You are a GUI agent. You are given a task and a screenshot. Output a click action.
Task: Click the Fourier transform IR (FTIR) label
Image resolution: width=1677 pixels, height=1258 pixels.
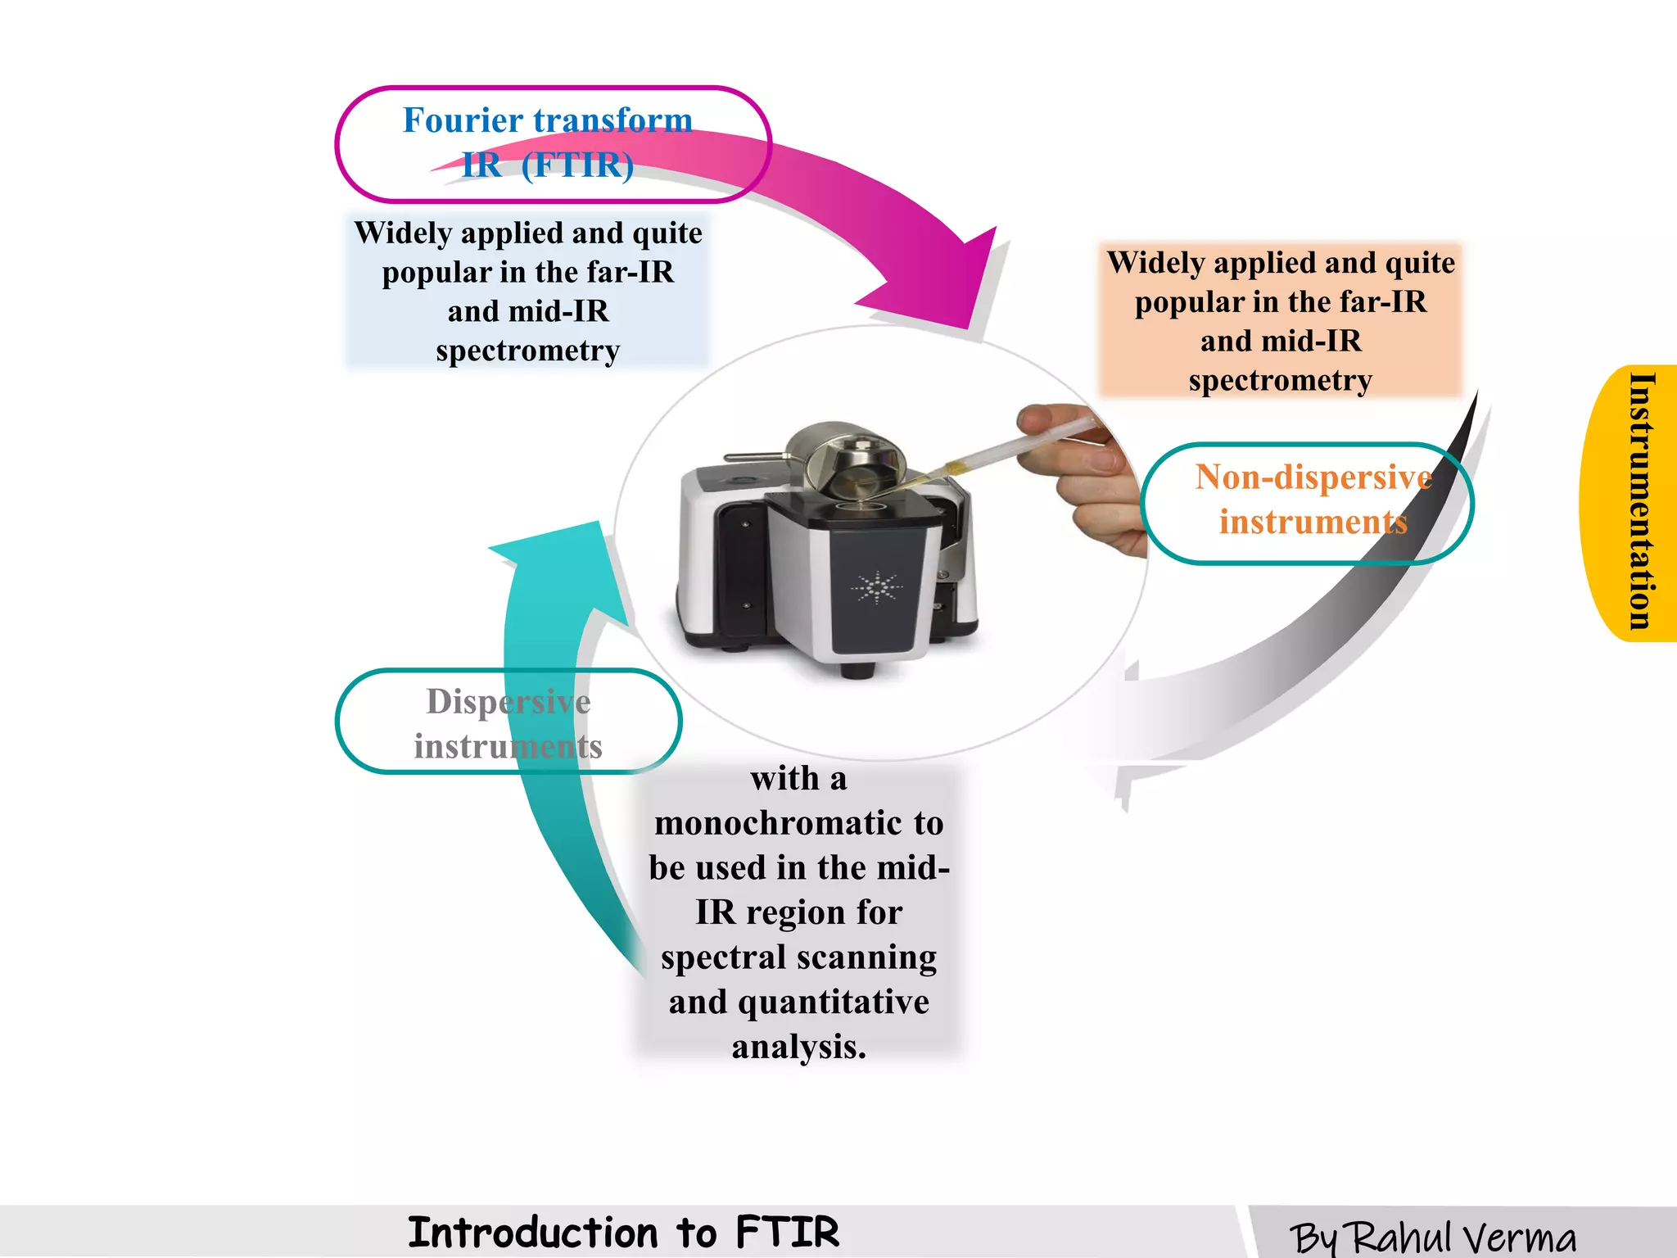point(548,143)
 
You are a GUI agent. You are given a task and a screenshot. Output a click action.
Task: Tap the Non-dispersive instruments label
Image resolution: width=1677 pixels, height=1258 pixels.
point(1313,500)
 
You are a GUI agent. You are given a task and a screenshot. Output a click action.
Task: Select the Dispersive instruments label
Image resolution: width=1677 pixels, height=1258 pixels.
point(508,723)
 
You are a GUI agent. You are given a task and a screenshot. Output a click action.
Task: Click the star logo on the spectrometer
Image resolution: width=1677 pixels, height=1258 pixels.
point(876,587)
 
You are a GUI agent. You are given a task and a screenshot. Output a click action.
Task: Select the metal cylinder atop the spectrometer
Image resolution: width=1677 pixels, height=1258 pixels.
point(843,459)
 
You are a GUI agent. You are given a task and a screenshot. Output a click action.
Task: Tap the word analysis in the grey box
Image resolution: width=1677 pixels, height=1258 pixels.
point(798,1047)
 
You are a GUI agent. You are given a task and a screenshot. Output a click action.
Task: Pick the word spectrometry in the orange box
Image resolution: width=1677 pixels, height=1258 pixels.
point(1280,381)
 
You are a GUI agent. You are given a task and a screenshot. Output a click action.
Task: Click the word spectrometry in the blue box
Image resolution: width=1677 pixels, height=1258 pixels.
point(527,351)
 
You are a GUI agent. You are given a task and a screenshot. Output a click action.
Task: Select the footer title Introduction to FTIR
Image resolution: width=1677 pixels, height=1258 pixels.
point(623,1233)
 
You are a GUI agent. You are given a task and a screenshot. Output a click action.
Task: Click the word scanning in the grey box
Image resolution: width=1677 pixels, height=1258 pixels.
point(867,957)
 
